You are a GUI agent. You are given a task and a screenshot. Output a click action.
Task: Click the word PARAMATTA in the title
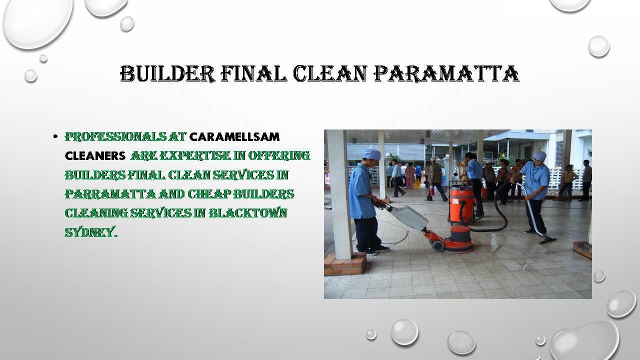[446, 73]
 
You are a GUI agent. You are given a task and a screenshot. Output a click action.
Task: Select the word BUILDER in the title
[167, 73]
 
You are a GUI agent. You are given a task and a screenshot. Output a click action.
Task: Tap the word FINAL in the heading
[253, 73]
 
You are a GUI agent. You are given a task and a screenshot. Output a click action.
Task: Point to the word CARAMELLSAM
[234, 137]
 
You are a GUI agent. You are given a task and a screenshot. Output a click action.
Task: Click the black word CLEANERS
[95, 156]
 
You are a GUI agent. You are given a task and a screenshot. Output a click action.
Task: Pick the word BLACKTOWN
[247, 213]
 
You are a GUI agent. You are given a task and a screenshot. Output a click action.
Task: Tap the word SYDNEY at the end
[91, 232]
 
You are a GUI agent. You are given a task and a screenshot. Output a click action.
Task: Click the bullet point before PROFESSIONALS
[55, 136]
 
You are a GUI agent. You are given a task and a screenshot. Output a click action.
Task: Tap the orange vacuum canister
[461, 203]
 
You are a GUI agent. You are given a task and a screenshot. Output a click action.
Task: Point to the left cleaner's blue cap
[371, 154]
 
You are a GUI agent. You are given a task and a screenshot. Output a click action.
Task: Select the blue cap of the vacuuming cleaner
[539, 155]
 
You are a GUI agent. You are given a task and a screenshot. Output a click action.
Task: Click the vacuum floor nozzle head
[547, 240]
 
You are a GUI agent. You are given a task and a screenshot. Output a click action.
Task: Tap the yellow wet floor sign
[417, 183]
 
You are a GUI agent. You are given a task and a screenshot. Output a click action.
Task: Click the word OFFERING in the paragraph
[279, 155]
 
